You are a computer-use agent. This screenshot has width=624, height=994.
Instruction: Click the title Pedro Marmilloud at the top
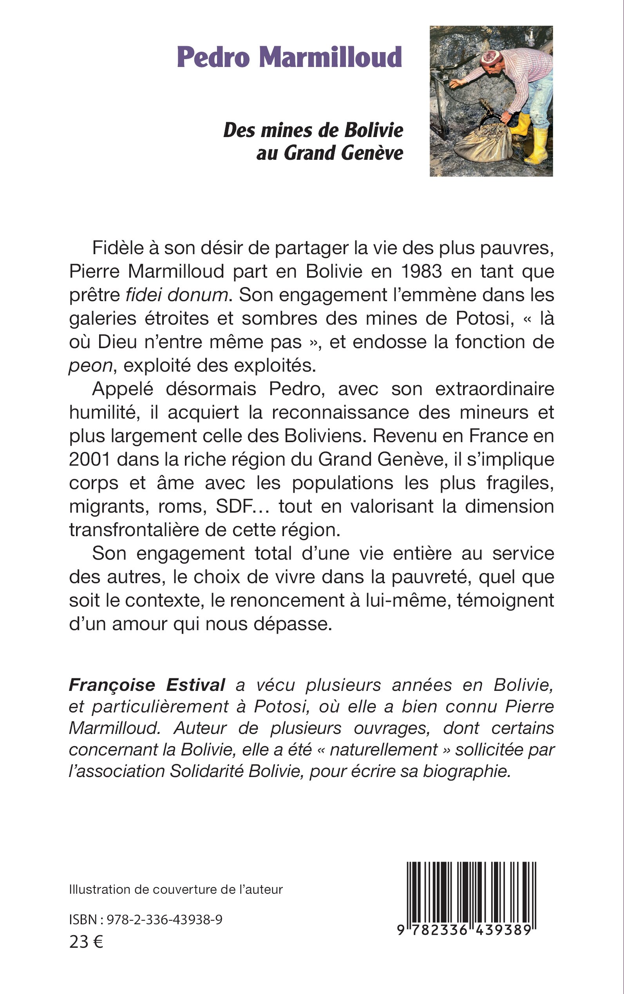click(x=289, y=57)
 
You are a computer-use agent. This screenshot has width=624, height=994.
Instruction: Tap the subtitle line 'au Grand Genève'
click(x=330, y=153)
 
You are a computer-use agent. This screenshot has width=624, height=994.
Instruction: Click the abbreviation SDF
click(x=234, y=507)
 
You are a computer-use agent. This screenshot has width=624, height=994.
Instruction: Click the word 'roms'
click(x=182, y=507)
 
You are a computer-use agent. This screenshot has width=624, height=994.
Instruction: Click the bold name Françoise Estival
click(x=147, y=685)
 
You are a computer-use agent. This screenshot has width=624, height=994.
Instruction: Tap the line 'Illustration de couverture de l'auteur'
click(x=176, y=889)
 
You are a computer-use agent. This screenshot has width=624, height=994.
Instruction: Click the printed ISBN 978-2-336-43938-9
click(x=165, y=920)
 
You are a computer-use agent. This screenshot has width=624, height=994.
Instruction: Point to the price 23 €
click(x=86, y=942)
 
